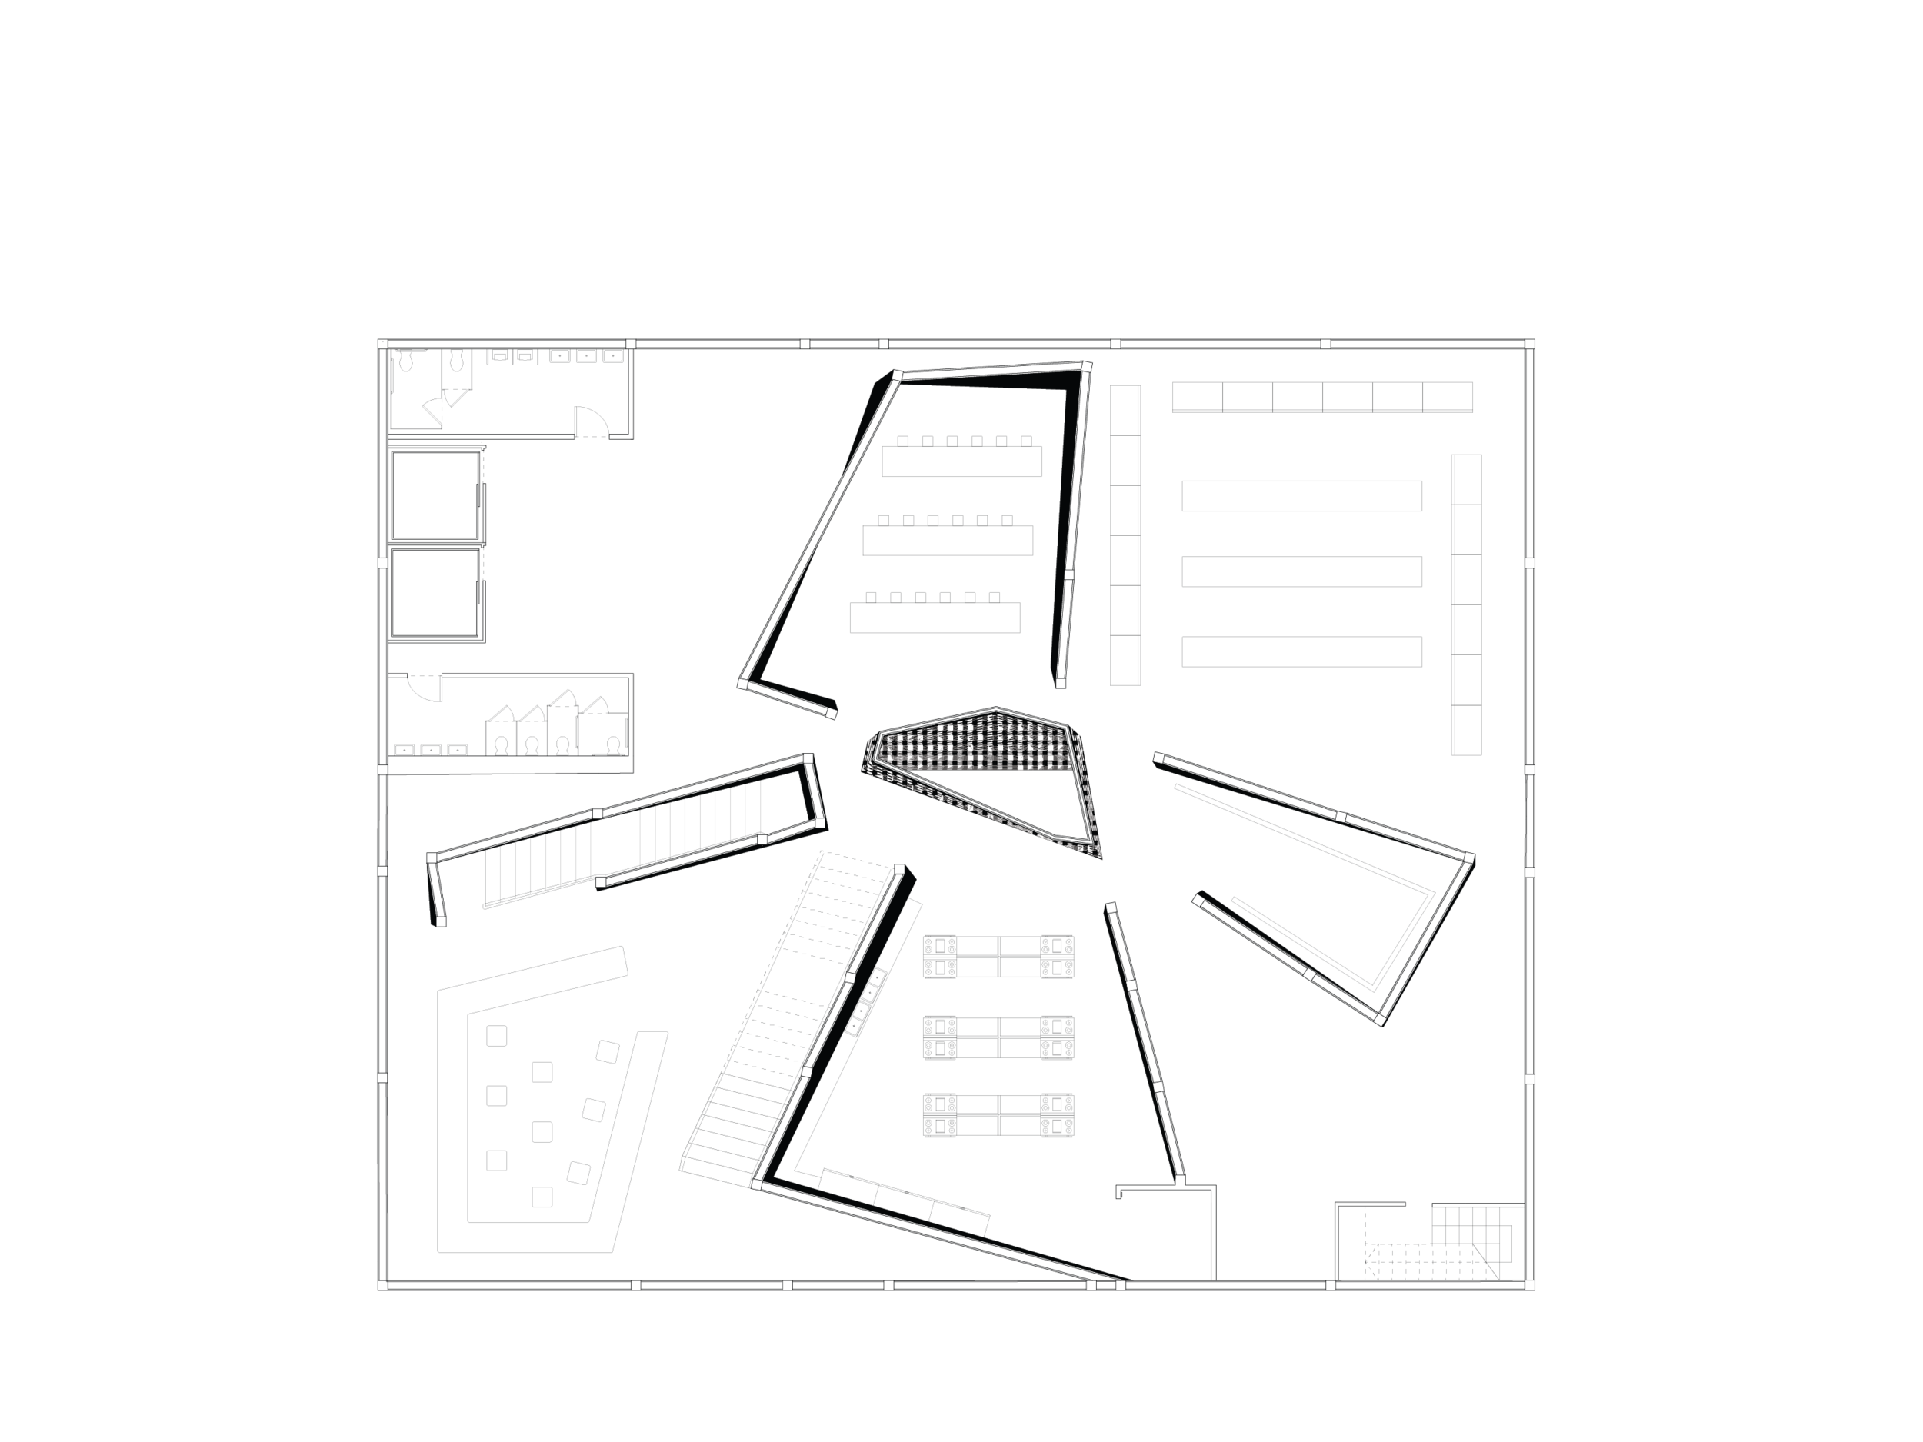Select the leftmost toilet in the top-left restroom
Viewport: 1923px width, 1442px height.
pos(405,361)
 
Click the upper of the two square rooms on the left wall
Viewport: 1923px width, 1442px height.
pos(435,495)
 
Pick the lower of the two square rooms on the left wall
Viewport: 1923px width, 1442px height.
pos(435,594)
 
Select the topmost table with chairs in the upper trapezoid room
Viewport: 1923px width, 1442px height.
pos(961,460)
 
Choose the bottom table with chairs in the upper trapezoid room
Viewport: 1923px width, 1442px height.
pos(935,617)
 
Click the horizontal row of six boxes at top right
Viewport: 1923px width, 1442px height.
pos(1322,396)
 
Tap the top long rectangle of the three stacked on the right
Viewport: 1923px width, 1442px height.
pos(1301,496)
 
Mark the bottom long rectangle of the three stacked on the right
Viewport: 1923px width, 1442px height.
pos(1301,652)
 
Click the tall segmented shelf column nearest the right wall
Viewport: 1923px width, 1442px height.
pos(1466,604)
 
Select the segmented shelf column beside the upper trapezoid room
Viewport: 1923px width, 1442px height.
pos(1125,535)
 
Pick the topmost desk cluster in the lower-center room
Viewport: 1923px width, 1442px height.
pos(998,957)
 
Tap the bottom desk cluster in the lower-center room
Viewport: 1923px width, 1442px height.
pos(998,1115)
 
